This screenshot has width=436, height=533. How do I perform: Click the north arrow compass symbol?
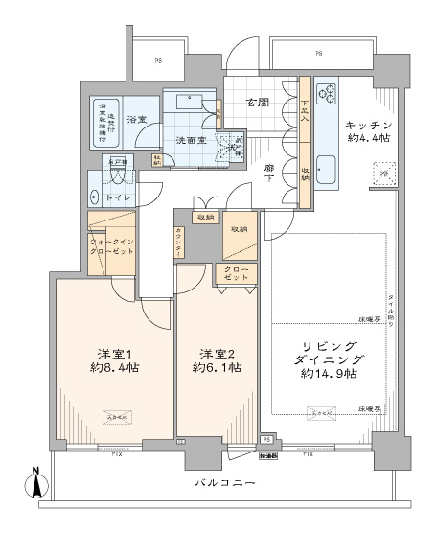click(x=36, y=485)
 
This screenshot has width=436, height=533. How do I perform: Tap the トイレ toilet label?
click(x=121, y=197)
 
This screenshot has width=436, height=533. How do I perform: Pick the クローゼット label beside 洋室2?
click(x=238, y=276)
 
